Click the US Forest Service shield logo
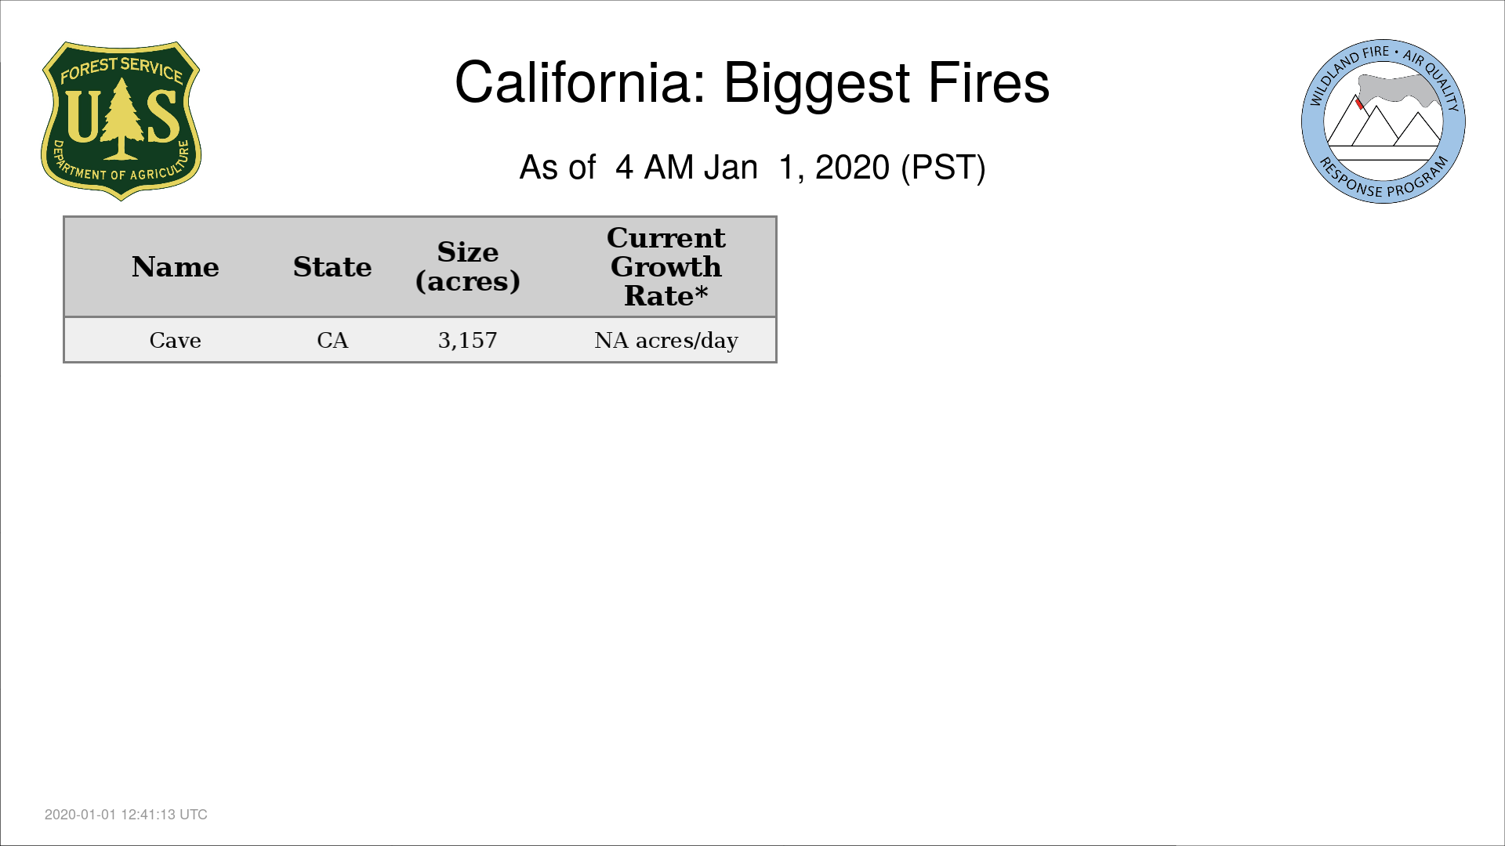[x=121, y=121]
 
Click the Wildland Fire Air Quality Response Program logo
[x=1384, y=121]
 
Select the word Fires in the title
[x=988, y=82]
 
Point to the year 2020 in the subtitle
[x=852, y=167]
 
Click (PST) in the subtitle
[x=943, y=168]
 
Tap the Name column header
[x=176, y=267]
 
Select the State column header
[x=332, y=267]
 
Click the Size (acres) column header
[x=468, y=266]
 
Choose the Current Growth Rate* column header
[x=666, y=266]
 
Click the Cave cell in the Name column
[x=176, y=340]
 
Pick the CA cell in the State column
[x=332, y=340]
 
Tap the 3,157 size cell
[x=468, y=340]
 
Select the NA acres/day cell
[x=666, y=340]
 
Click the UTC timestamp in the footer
[x=126, y=815]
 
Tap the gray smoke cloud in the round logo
[x=1398, y=89]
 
